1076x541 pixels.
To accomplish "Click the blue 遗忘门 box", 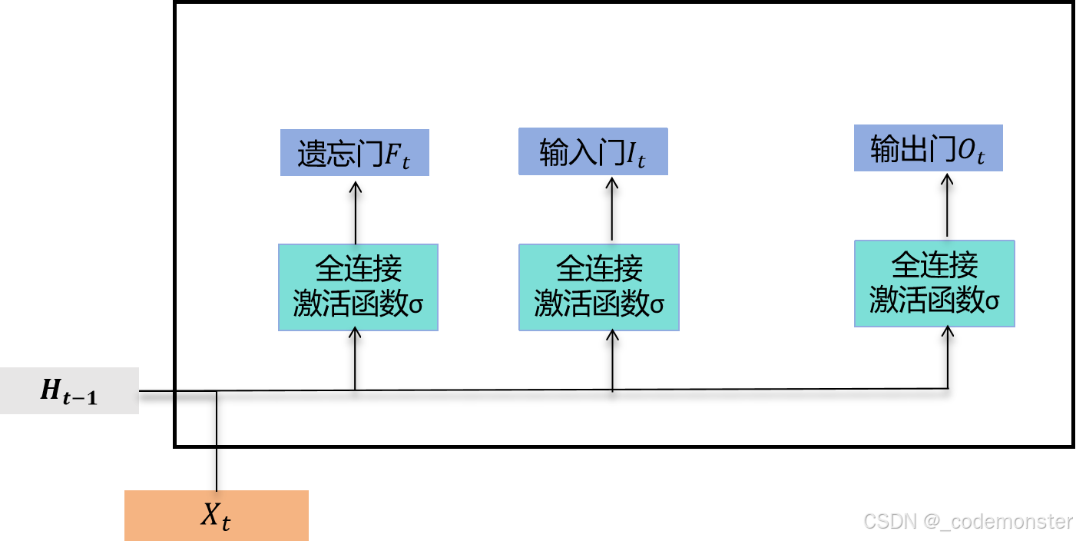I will click(x=354, y=153).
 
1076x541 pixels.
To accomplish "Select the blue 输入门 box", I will click(x=593, y=151).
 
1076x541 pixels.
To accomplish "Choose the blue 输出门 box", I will click(x=928, y=148).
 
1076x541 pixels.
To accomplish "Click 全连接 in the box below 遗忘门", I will click(x=358, y=270).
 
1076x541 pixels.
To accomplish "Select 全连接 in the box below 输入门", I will click(x=599, y=270).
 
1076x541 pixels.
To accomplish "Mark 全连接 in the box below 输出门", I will click(x=934, y=266).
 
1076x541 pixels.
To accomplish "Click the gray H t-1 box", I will click(x=69, y=390).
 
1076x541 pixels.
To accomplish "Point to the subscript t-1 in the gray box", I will click(x=80, y=397).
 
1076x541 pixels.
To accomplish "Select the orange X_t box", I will click(x=216, y=516).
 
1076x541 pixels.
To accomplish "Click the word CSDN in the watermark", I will click(x=889, y=520).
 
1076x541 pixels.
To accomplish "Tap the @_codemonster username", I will click(x=997, y=520).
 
